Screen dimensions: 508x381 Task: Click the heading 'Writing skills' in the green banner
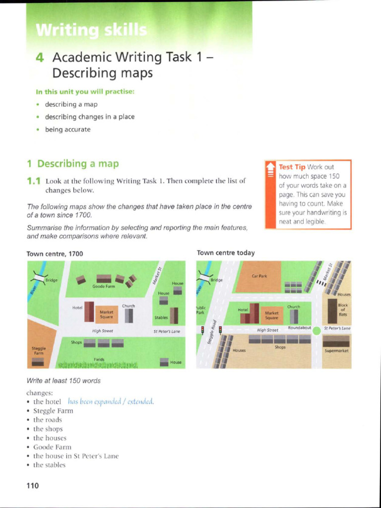click(91, 31)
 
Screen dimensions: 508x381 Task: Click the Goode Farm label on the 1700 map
click(103, 286)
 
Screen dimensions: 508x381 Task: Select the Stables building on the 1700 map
click(174, 315)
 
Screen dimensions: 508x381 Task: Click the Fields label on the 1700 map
click(99, 359)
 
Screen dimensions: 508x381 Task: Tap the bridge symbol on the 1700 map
click(39, 276)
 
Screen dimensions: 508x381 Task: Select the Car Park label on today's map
click(259, 275)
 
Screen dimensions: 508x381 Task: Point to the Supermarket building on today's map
click(336, 343)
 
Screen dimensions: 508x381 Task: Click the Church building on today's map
click(294, 316)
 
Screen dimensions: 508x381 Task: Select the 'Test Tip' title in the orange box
click(292, 167)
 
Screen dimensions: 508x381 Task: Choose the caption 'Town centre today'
click(226, 253)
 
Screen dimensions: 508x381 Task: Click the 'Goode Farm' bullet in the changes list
click(52, 447)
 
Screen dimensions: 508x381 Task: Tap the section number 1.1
click(33, 181)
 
